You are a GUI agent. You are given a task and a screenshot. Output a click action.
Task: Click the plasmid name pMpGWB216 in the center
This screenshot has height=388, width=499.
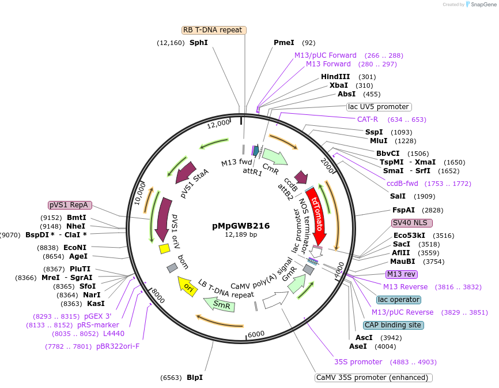click(x=240, y=226)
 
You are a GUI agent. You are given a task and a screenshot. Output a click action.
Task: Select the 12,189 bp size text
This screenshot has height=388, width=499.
click(x=240, y=235)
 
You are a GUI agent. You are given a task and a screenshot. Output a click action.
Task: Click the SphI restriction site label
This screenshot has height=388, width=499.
click(x=198, y=43)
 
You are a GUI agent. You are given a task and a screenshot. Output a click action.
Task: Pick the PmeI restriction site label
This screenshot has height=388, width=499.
click(x=283, y=43)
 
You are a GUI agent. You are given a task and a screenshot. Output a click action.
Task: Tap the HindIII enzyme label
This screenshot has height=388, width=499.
click(x=335, y=77)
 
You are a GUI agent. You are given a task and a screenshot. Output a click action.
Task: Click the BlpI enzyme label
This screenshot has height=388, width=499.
click(x=194, y=378)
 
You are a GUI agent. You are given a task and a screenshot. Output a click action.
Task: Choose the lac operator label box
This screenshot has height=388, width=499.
click(x=399, y=300)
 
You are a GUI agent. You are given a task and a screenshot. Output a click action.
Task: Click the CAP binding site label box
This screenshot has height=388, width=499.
click(x=394, y=325)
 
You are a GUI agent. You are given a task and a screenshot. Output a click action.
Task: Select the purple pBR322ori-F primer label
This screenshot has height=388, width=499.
click(x=118, y=346)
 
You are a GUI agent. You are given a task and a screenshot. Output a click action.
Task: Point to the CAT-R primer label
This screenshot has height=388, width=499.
click(x=368, y=120)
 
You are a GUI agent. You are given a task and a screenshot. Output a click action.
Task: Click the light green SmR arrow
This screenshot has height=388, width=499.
click(x=219, y=304)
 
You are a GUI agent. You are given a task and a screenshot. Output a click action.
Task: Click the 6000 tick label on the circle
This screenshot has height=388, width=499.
click(x=256, y=334)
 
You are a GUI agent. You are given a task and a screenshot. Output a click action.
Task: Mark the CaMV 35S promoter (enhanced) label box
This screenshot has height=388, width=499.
click(x=373, y=378)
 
